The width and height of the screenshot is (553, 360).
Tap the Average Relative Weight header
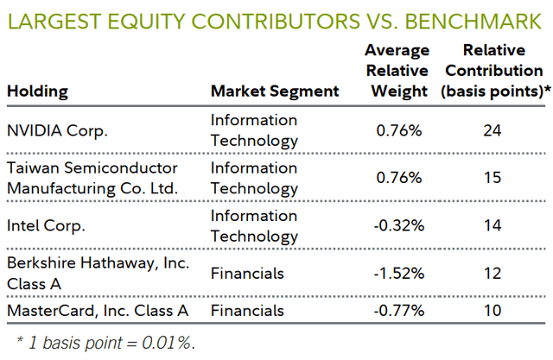click(x=396, y=71)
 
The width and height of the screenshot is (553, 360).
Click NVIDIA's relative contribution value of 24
click(x=493, y=130)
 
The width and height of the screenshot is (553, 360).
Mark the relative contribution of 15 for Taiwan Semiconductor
click(x=493, y=178)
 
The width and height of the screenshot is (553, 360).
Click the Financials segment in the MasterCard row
click(x=247, y=310)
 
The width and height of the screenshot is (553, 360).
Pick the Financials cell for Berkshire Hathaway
click(x=247, y=274)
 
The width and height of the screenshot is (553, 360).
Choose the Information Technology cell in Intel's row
click(x=254, y=226)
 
